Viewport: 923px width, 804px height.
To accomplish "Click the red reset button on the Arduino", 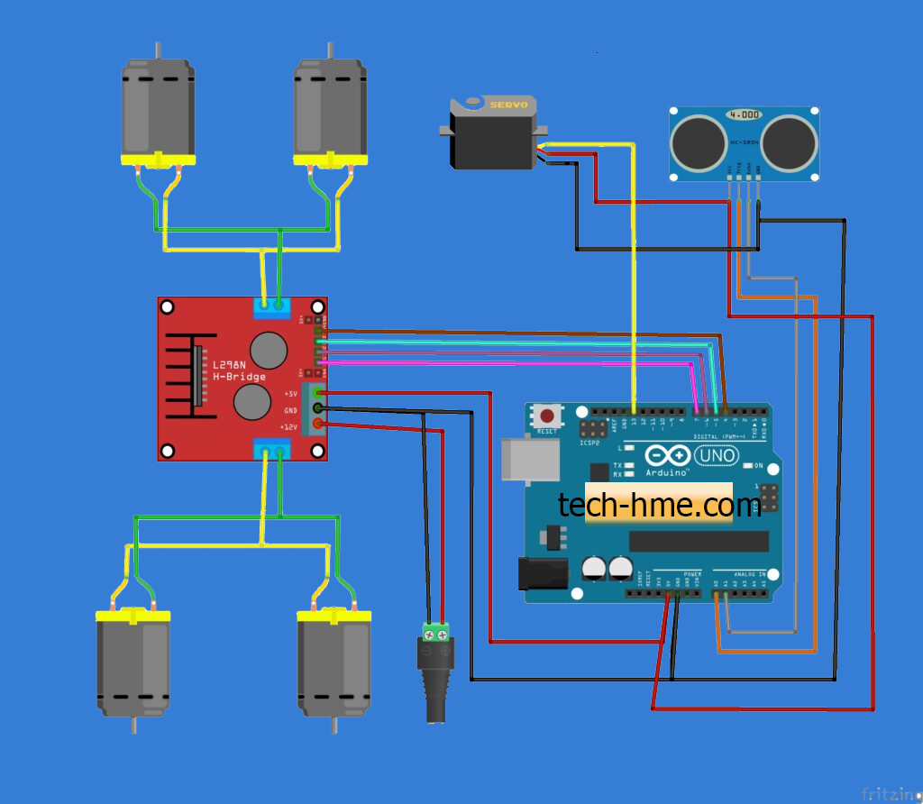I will (x=546, y=417).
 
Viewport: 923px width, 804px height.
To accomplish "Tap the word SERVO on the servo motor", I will (x=507, y=105).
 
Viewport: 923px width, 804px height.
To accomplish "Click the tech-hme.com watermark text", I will (x=660, y=505).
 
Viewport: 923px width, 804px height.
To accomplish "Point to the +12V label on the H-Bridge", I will (x=289, y=426).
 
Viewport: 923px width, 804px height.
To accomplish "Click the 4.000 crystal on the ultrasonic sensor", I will (x=745, y=115).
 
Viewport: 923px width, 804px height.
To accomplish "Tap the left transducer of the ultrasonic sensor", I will (x=698, y=140).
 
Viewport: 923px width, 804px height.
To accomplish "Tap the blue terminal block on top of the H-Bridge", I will (x=270, y=306).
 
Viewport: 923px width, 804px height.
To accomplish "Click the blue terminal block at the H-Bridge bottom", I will (x=271, y=449).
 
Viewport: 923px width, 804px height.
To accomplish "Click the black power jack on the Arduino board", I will (x=541, y=573).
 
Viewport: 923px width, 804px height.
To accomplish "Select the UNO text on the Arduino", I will (x=717, y=456).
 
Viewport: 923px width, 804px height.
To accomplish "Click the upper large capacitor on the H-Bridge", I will (x=268, y=350).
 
